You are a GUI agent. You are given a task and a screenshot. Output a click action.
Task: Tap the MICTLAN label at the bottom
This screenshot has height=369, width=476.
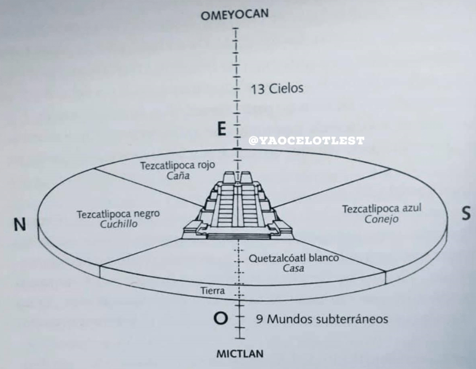pyautogui.click(x=240, y=355)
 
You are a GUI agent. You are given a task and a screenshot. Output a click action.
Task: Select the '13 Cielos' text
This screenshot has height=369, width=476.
pyautogui.click(x=277, y=88)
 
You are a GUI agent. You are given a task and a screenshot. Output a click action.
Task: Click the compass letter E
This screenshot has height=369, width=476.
pyautogui.click(x=221, y=129)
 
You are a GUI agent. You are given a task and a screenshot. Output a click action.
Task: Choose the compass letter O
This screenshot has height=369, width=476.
pyautogui.click(x=219, y=319)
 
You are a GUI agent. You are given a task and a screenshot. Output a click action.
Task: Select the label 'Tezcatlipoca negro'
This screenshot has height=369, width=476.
pyautogui.click(x=118, y=214)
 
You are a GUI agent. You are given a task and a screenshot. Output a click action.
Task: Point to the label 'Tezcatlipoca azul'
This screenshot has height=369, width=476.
pyautogui.click(x=382, y=209)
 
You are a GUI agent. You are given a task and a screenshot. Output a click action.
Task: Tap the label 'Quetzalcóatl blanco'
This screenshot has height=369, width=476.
pyautogui.click(x=294, y=258)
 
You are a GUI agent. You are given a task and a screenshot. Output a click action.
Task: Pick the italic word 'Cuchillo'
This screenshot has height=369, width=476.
pyautogui.click(x=118, y=224)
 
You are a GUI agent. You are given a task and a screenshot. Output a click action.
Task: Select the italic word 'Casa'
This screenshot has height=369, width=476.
pyautogui.click(x=293, y=269)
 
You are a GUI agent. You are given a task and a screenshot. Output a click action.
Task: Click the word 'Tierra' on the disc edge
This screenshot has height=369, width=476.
pyautogui.click(x=212, y=291)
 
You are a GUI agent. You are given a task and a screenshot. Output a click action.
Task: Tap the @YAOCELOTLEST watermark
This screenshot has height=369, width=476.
pyautogui.click(x=306, y=141)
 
